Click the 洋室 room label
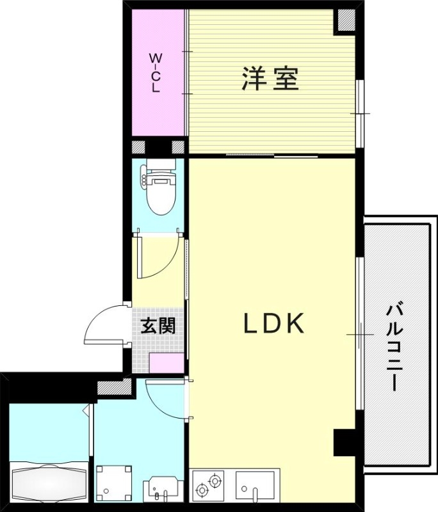(270, 79)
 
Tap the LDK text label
(273, 324)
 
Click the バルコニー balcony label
(393, 348)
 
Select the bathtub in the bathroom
(48, 481)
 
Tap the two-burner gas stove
(209, 484)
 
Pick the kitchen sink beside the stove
(255, 486)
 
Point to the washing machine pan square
(113, 481)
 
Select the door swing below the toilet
(155, 259)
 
